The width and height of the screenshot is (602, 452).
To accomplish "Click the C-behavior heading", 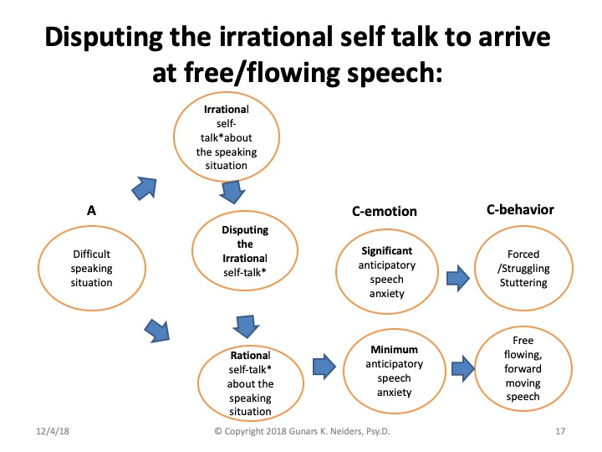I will coord(520,209).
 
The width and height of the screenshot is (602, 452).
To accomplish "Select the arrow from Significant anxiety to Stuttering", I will coord(455,277).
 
